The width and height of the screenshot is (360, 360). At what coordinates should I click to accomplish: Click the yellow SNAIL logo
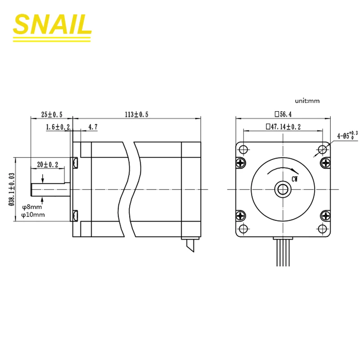(x=52, y=27)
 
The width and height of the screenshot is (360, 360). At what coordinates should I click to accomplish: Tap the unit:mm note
(x=307, y=101)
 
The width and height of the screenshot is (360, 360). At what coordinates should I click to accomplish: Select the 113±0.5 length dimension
(x=137, y=114)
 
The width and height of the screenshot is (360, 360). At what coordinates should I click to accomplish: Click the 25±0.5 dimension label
(x=52, y=114)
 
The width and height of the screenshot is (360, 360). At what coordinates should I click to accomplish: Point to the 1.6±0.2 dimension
(x=58, y=127)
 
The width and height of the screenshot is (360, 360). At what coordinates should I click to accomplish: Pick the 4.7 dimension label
(x=93, y=127)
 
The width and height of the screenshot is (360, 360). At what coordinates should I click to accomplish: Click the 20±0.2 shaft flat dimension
(x=48, y=164)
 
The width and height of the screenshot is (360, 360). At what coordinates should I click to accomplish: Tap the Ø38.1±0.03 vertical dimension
(x=12, y=189)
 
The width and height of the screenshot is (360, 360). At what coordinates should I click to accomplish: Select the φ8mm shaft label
(x=32, y=207)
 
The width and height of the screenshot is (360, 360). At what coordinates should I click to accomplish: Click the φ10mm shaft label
(x=33, y=215)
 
